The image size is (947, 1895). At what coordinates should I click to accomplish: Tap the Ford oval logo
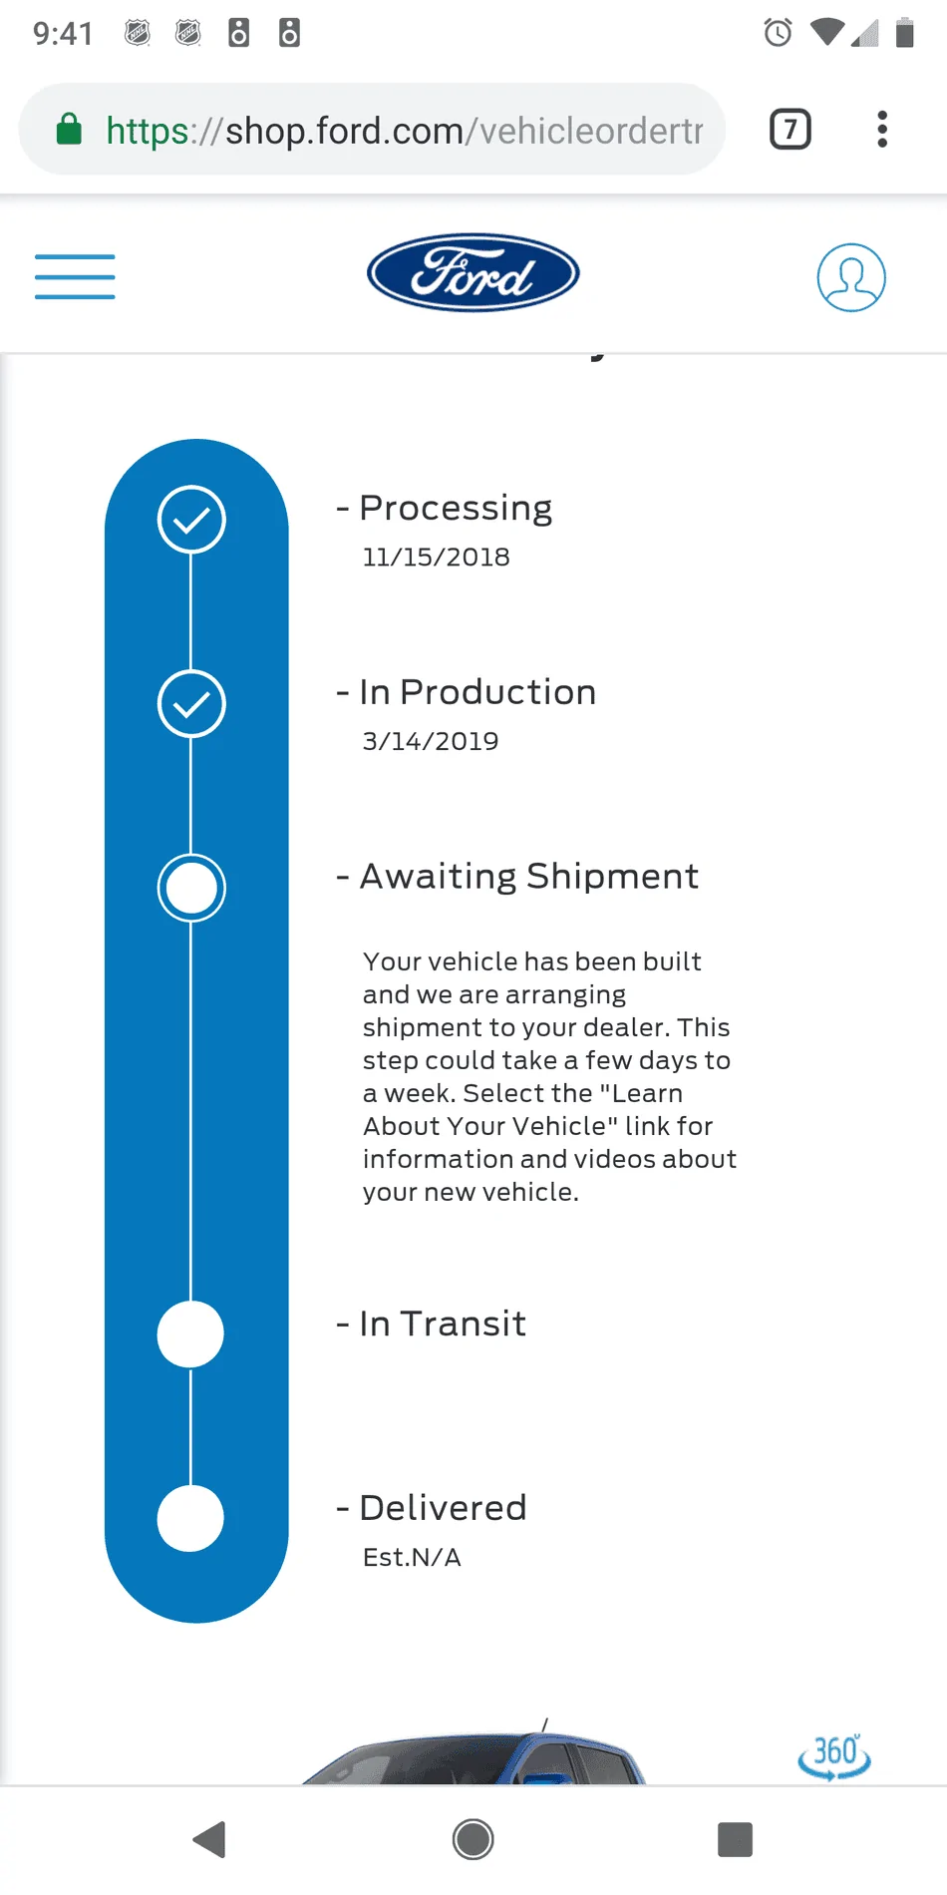coord(473,272)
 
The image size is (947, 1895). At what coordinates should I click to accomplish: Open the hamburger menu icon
coord(75,276)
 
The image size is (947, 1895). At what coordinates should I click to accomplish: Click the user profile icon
coord(851,277)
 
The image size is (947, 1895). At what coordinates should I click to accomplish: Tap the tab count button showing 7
coord(790,130)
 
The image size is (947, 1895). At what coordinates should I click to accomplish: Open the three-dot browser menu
coord(882,130)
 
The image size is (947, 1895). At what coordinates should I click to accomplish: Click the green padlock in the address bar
coord(69,129)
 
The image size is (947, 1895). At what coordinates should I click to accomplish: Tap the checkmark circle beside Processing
coord(191,520)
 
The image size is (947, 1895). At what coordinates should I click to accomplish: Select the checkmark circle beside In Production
coord(191,704)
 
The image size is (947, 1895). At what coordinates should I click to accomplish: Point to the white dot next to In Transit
coord(190,1334)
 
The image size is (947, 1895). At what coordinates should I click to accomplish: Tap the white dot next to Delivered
coord(190,1518)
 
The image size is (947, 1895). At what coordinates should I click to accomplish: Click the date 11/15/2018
coord(436,558)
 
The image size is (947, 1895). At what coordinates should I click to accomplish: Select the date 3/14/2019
coord(431,741)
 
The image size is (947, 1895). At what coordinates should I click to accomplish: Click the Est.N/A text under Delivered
coord(412,1558)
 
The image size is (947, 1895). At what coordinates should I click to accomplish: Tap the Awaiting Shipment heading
coord(528,876)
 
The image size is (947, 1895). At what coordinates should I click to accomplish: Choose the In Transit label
coord(443,1324)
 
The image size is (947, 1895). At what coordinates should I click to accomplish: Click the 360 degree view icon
coord(834,1755)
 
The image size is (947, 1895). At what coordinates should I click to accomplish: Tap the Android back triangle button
coord(210,1839)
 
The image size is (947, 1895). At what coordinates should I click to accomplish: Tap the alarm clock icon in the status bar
coord(778,33)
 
